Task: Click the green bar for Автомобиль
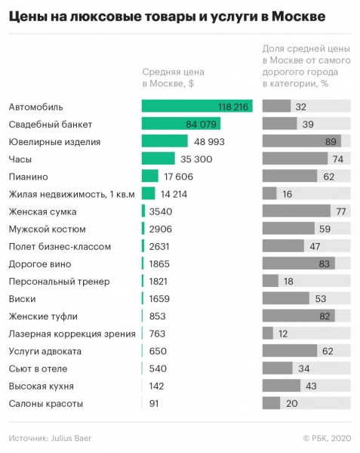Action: click(196, 106)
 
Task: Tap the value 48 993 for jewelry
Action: click(211, 141)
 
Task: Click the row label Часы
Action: click(20, 159)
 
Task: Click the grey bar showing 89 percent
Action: click(301, 141)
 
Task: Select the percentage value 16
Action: click(287, 194)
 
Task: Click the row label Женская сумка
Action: click(42, 211)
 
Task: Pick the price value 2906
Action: click(160, 229)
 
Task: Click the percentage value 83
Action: click(325, 264)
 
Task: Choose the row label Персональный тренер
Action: click(59, 282)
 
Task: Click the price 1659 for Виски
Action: click(159, 299)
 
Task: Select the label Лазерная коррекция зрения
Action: click(72, 334)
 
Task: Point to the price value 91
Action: click(155, 404)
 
